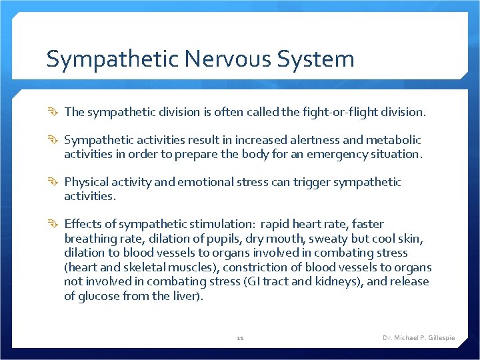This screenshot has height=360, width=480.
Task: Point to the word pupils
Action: click(x=231, y=239)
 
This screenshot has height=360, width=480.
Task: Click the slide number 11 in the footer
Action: click(x=240, y=338)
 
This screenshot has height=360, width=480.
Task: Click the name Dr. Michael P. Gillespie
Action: click(x=419, y=338)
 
